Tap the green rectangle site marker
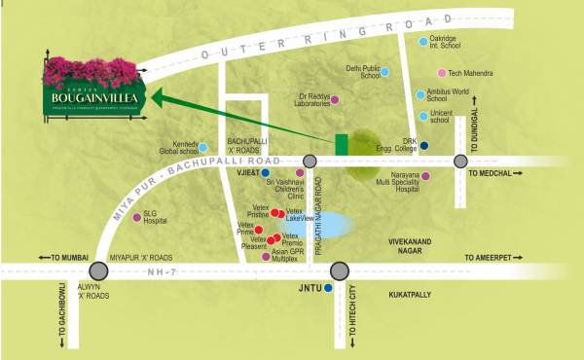[342, 142]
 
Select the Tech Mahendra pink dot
[441, 73]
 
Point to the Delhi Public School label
[361, 72]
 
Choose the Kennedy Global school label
[175, 148]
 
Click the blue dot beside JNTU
[328, 289]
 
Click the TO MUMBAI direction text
[62, 258]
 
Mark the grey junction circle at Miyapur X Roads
[98, 271]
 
